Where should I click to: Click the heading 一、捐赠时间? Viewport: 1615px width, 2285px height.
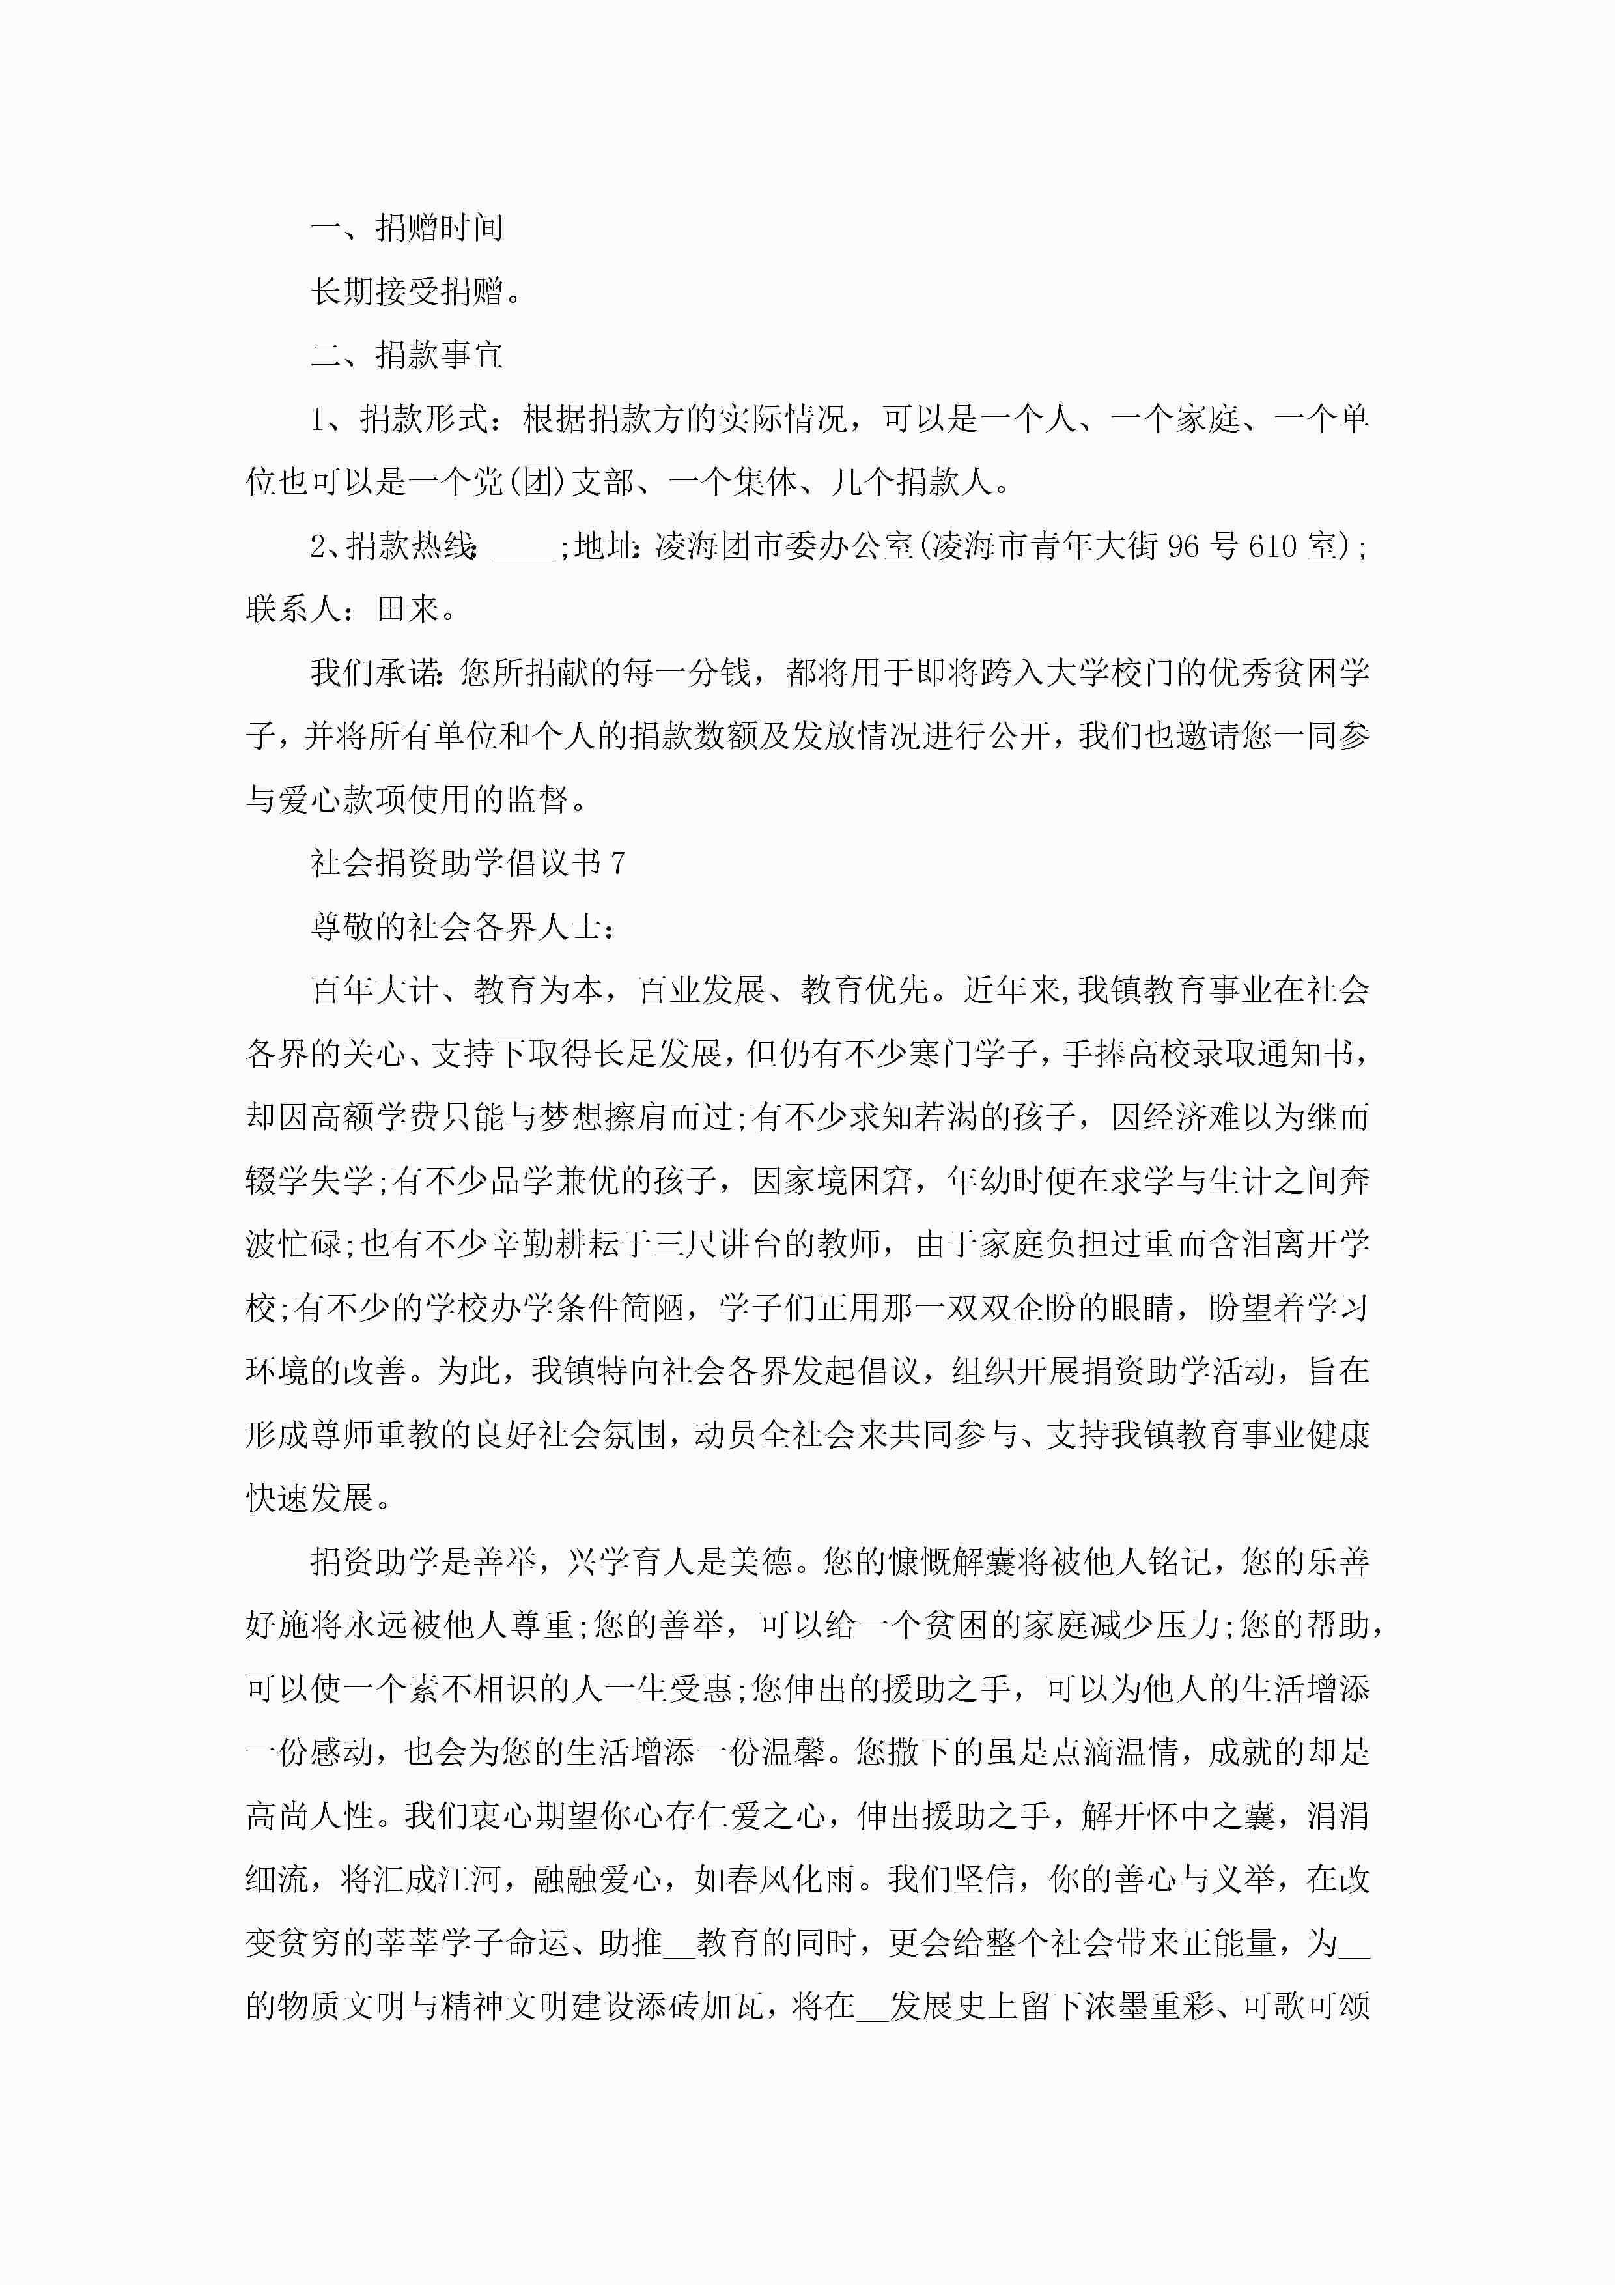point(407,228)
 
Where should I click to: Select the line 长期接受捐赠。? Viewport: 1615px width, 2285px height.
point(416,292)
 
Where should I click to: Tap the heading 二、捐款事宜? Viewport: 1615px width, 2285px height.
point(407,355)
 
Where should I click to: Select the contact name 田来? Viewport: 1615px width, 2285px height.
point(408,609)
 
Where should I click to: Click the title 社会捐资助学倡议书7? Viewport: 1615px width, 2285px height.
point(468,863)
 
